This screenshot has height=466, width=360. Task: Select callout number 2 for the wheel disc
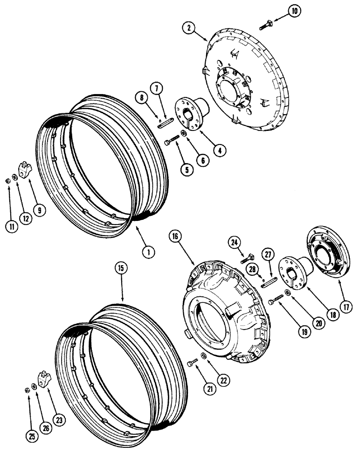pos(189,27)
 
